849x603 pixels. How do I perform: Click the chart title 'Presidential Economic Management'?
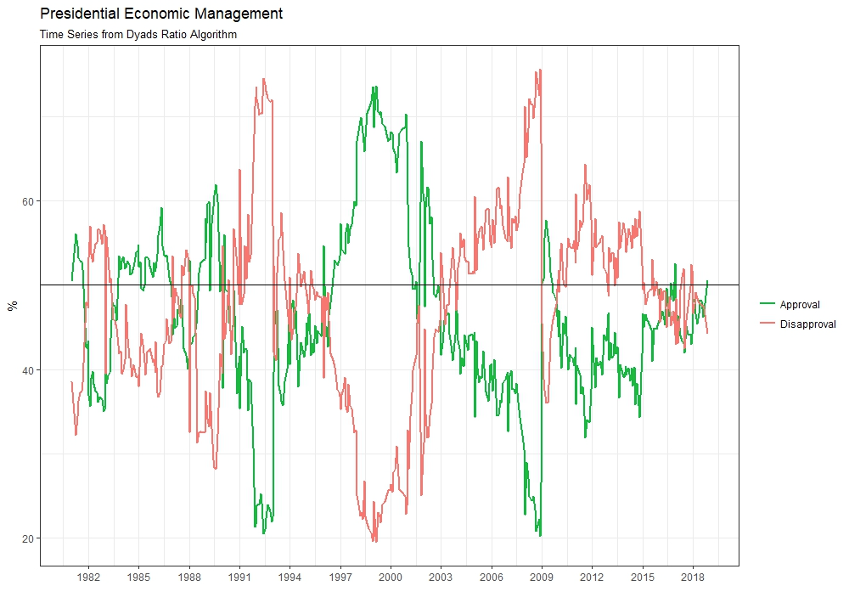(x=161, y=14)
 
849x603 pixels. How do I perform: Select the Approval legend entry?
(x=799, y=305)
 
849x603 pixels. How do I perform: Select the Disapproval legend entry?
(x=807, y=324)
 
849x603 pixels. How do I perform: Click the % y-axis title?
(x=12, y=306)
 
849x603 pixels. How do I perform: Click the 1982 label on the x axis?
(x=88, y=578)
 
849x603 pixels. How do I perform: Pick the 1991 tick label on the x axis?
(x=239, y=578)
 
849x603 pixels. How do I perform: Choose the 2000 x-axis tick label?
(x=391, y=578)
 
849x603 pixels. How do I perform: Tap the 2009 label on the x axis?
(x=542, y=578)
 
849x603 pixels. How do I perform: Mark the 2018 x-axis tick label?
(x=693, y=578)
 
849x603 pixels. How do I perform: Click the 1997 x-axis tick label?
(x=340, y=578)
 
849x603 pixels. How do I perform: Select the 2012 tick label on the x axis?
(x=592, y=578)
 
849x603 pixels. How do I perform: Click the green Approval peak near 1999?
(x=374, y=87)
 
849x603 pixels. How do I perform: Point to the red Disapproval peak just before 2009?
(x=537, y=70)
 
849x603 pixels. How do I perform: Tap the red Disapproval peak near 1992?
(x=263, y=79)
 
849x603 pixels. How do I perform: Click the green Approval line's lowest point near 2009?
(x=539, y=536)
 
